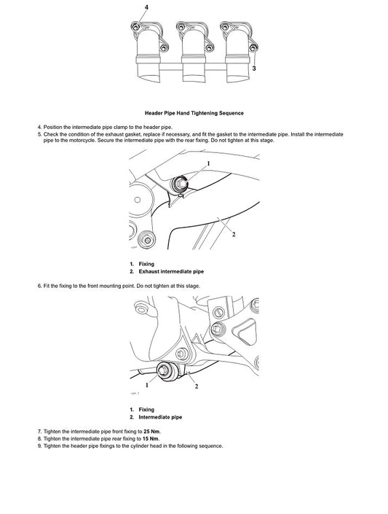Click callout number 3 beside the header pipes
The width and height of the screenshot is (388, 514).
(253, 68)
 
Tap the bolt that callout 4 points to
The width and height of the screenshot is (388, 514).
(136, 28)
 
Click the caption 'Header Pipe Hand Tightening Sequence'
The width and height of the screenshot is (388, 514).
(194, 113)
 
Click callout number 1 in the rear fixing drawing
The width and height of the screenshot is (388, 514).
(207, 164)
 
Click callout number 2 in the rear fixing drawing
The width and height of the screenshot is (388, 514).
(233, 235)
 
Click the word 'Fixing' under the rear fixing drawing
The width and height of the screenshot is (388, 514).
(146, 263)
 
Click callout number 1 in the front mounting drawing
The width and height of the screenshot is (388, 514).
(146, 384)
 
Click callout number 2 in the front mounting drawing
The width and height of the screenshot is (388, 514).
(197, 386)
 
